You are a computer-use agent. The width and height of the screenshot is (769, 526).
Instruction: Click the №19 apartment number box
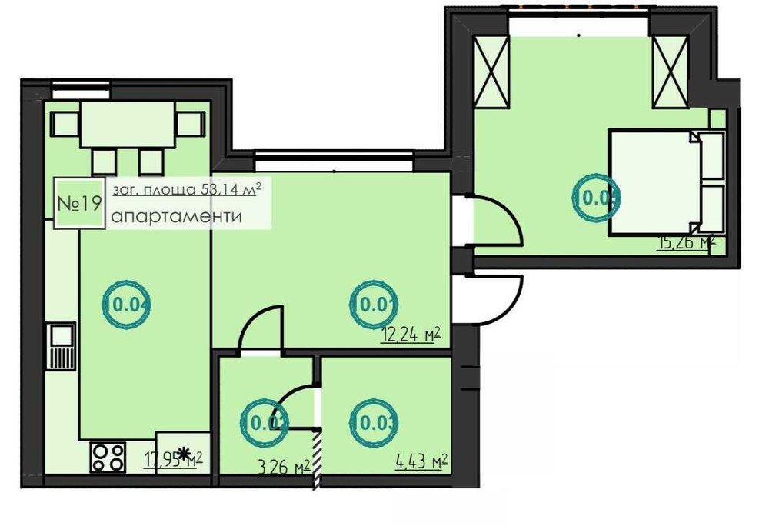pos(80,204)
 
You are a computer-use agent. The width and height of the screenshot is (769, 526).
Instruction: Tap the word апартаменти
pos(176,217)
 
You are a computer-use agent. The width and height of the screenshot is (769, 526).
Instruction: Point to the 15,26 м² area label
pos(686,244)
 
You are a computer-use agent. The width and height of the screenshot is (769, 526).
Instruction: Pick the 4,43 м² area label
pos(421,462)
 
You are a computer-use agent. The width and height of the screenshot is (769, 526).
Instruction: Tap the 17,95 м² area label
pos(173,460)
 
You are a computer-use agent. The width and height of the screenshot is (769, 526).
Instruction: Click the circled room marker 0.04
pos(127,303)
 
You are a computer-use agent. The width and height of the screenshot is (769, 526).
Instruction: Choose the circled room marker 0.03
pos(376,421)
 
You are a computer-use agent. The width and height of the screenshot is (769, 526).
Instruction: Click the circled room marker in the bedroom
pos(598,198)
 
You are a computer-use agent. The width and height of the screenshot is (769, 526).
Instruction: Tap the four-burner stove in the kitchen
pos(108,458)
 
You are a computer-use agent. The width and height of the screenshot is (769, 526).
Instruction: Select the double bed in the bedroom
pos(665,181)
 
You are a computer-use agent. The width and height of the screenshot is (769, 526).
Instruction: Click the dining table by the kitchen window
pos(128,127)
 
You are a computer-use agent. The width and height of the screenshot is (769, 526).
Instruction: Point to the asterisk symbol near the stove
pos(185,454)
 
